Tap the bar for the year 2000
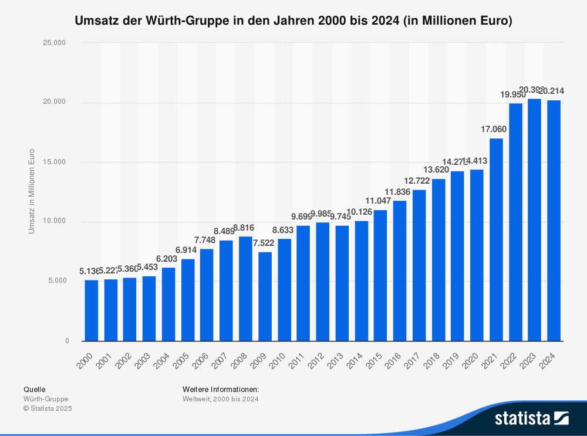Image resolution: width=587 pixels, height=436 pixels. coord(92,310)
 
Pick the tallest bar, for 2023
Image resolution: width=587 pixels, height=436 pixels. coord(534,219)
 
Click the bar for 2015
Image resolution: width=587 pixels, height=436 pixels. coord(380,275)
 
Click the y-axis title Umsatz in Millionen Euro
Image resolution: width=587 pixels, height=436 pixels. coord(32,191)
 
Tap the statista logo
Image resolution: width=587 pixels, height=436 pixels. coord(531,418)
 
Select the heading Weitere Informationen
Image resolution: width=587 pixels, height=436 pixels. coord(221,389)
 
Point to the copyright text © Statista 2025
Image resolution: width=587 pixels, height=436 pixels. coord(48,408)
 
